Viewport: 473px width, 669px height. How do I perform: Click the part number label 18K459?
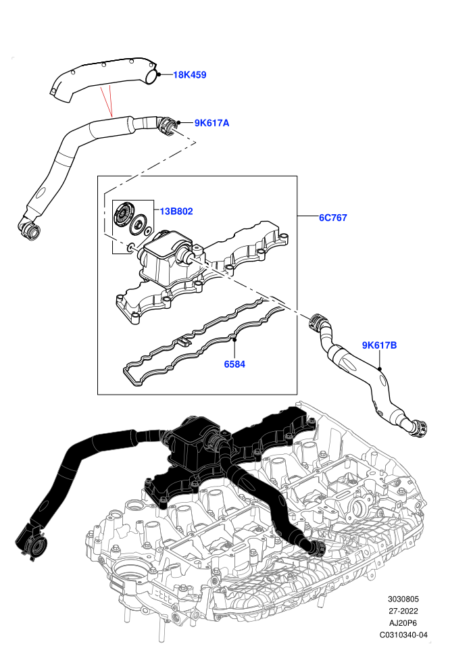189,75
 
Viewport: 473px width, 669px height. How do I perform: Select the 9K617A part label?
211,123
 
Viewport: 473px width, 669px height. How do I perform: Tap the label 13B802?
176,212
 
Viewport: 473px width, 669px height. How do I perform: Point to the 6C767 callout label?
332,218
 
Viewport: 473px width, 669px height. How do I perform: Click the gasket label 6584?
234,364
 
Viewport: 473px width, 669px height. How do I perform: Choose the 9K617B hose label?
379,345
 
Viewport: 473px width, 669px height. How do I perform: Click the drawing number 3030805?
403,599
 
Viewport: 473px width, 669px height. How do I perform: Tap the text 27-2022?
403,611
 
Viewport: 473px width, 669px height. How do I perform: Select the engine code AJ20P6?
403,623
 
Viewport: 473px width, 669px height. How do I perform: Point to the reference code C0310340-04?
403,635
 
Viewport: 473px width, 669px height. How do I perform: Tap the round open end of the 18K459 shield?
151,76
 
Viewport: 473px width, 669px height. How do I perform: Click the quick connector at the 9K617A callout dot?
167,126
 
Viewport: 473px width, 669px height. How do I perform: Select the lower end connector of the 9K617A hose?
29,228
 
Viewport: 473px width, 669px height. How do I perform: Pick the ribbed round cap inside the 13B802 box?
122,215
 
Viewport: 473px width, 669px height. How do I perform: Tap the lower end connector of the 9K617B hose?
416,428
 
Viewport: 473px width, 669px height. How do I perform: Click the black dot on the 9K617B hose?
379,368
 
